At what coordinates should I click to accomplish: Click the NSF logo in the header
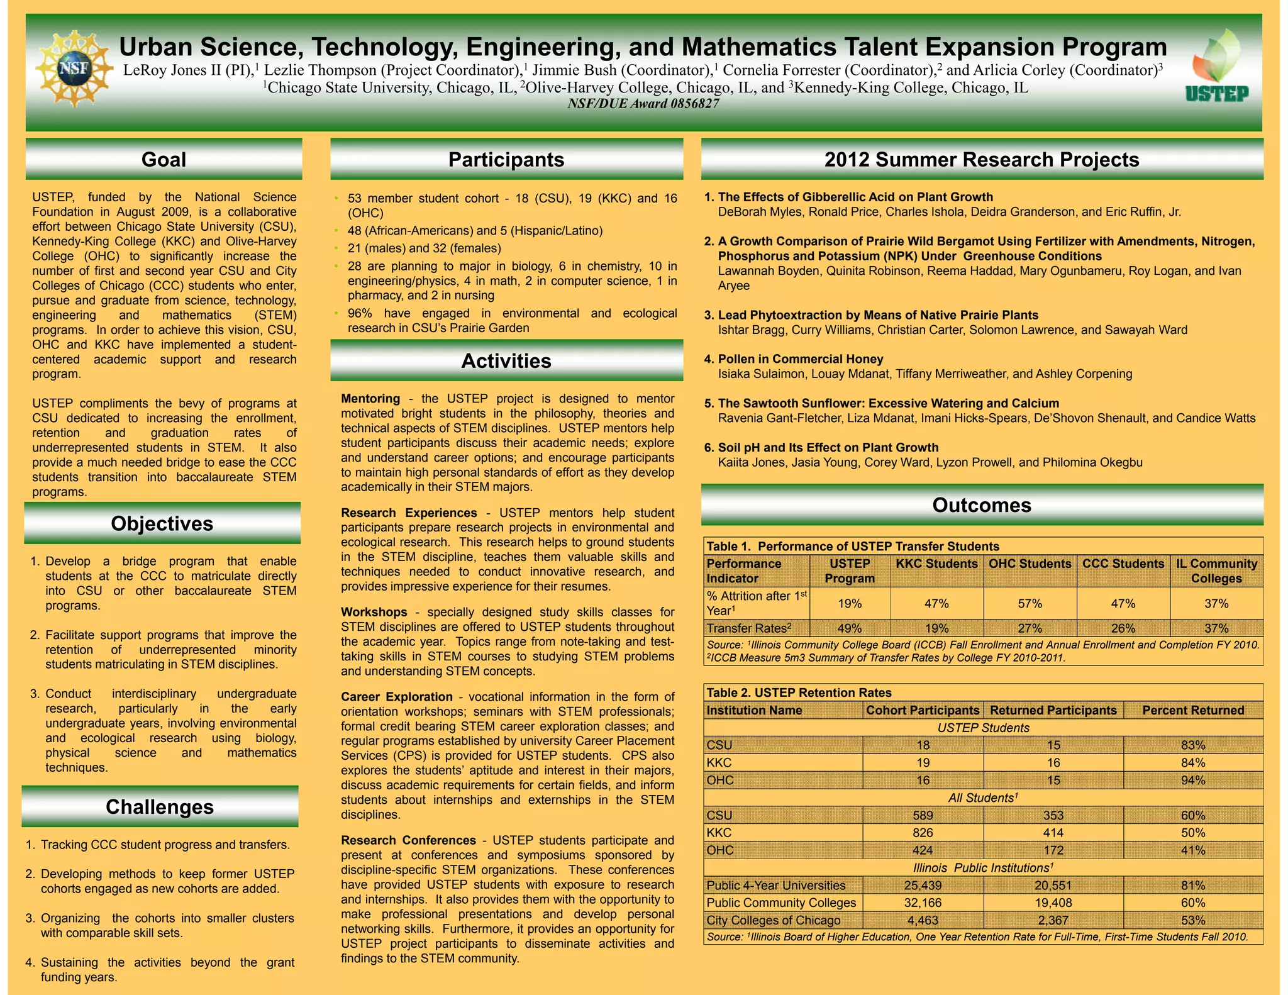(x=74, y=68)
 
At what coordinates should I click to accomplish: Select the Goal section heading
(x=164, y=160)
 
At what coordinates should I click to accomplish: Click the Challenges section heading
(x=160, y=807)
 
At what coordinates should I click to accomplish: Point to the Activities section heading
(x=506, y=361)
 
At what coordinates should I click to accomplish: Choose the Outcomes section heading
(x=981, y=505)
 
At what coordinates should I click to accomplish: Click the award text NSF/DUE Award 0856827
(x=643, y=104)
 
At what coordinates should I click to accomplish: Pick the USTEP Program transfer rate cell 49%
(x=850, y=628)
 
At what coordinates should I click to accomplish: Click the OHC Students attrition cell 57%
(x=1030, y=604)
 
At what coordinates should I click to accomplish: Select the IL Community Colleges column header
(x=1216, y=571)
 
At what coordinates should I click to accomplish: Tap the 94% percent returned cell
(x=1193, y=781)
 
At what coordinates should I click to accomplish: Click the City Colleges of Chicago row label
(x=774, y=920)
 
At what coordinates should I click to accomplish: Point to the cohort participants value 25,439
(x=923, y=886)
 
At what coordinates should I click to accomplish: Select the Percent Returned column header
(x=1193, y=710)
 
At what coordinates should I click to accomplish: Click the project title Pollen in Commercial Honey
(x=801, y=359)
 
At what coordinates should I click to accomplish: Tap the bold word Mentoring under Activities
(x=370, y=399)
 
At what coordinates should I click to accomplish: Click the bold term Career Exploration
(x=397, y=697)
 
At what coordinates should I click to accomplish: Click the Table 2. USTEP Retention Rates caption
(x=799, y=692)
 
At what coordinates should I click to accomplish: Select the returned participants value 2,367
(x=1053, y=920)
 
